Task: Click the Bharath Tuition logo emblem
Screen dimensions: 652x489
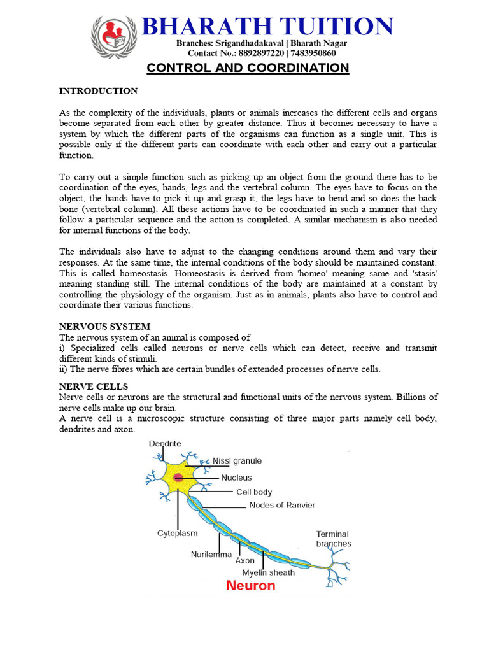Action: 114,37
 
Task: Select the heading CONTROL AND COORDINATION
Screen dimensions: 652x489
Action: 248,68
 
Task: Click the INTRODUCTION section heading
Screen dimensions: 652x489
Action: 98,91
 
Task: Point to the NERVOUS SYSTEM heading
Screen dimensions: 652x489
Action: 104,327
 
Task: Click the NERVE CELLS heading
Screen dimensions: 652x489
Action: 94,386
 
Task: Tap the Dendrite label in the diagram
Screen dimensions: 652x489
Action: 165,443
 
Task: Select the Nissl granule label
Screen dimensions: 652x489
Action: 237,461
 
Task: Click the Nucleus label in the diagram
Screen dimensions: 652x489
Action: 236,478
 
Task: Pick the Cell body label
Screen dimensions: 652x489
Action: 254,492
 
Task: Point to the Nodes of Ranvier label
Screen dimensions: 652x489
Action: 281,506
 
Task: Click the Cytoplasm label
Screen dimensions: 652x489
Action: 177,534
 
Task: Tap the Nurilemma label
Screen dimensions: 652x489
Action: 212,555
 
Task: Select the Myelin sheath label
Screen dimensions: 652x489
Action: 268,572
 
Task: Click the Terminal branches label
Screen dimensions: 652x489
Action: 334,539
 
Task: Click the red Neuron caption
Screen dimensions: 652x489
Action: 251,585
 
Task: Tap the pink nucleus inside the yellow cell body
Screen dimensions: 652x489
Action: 179,478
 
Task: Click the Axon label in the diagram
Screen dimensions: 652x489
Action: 244,561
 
